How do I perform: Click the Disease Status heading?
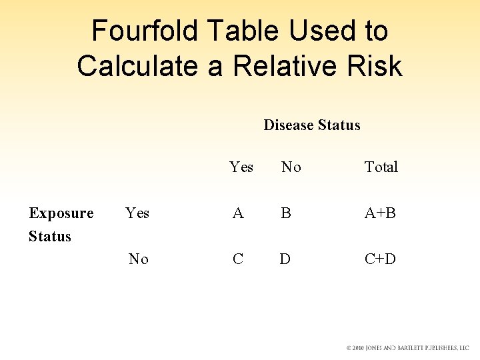pyautogui.click(x=312, y=125)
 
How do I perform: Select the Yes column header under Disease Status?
pyautogui.click(x=241, y=167)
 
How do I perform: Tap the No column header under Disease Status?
pyautogui.click(x=291, y=167)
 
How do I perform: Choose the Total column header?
pyautogui.click(x=381, y=167)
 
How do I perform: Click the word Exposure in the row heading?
pyautogui.click(x=61, y=213)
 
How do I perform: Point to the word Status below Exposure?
pyautogui.click(x=50, y=236)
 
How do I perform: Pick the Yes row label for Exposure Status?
pyautogui.click(x=137, y=213)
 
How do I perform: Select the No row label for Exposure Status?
pyautogui.click(x=139, y=259)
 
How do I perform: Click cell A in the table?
pyautogui.click(x=238, y=213)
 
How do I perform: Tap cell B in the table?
pyautogui.click(x=286, y=213)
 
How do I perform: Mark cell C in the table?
pyautogui.click(x=238, y=259)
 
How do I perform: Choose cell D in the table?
pyautogui.click(x=285, y=259)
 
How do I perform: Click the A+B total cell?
pyautogui.click(x=380, y=213)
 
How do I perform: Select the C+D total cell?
pyautogui.click(x=380, y=259)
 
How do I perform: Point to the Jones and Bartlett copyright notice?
pyautogui.click(x=407, y=348)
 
